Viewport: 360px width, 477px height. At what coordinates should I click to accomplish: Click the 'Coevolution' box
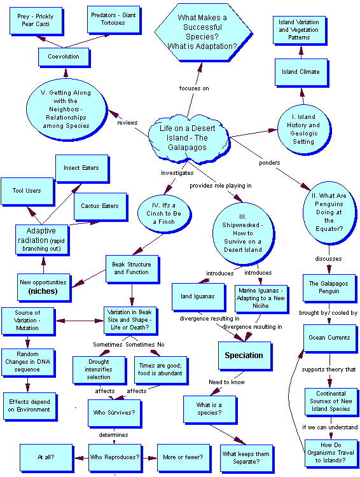(x=64, y=57)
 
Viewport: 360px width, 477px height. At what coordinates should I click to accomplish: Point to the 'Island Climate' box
(x=301, y=72)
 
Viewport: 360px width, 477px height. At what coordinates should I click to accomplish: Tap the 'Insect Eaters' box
(x=81, y=168)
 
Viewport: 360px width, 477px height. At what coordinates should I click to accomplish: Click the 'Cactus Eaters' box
(x=100, y=206)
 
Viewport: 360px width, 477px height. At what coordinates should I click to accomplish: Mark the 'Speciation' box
(x=244, y=356)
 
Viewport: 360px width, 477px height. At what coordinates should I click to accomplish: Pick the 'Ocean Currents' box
(x=329, y=338)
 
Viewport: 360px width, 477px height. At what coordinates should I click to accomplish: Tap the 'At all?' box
(x=46, y=457)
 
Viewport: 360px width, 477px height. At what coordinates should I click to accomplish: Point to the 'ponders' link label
(x=270, y=163)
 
